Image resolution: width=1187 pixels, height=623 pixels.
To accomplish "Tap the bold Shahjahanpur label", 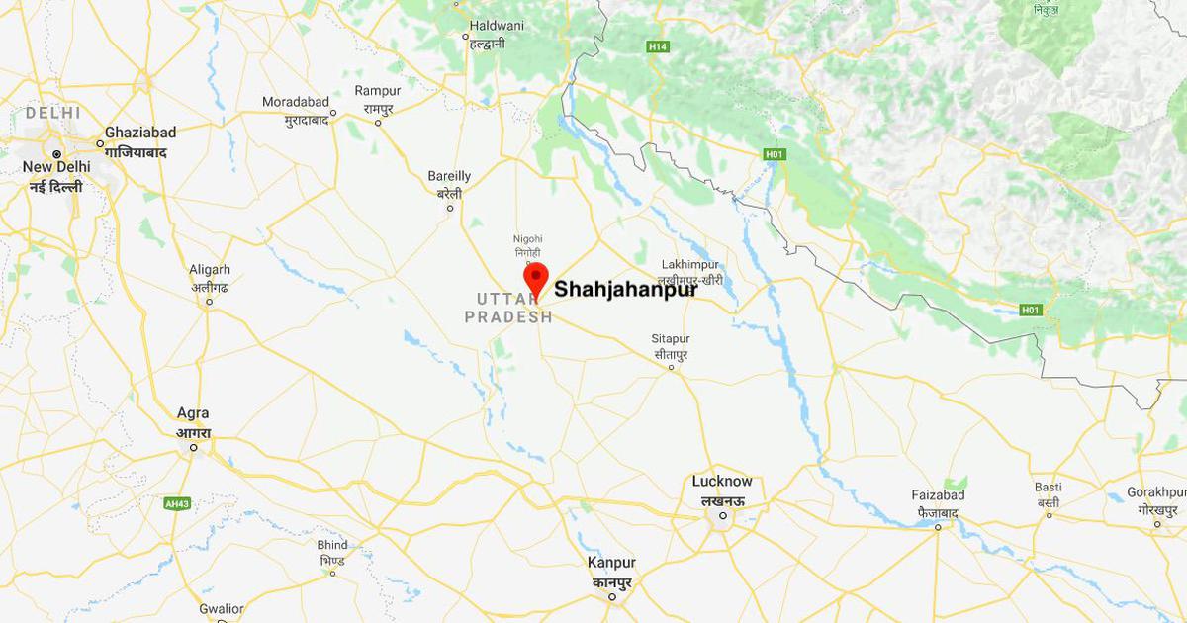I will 625,290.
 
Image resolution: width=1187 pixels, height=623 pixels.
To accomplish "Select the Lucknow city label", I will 722,482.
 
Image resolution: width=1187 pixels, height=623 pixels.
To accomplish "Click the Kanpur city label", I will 611,563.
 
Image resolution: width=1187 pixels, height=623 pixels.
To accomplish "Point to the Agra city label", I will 192,413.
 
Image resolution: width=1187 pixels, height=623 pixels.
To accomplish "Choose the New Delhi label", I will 56,167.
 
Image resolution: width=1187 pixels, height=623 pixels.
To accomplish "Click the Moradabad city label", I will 294,102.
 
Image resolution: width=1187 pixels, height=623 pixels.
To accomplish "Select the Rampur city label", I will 378,91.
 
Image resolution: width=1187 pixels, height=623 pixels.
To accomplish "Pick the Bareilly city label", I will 449,176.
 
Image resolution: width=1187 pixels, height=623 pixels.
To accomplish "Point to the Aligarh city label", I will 210,269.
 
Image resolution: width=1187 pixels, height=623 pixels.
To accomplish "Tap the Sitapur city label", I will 671,338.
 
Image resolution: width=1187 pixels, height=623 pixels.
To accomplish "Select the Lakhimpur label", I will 691,266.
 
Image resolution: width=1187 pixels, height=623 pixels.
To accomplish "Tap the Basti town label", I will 1049,488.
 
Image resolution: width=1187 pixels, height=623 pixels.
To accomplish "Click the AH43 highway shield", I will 177,503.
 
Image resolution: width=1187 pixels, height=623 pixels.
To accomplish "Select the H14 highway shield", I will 658,45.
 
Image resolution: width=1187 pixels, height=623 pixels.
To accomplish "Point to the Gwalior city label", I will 221,609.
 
